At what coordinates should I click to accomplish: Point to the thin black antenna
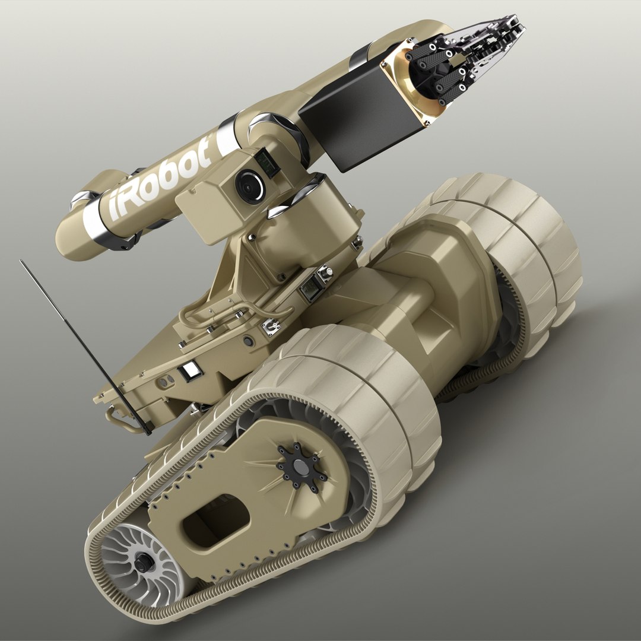pyautogui.click(x=83, y=344)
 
